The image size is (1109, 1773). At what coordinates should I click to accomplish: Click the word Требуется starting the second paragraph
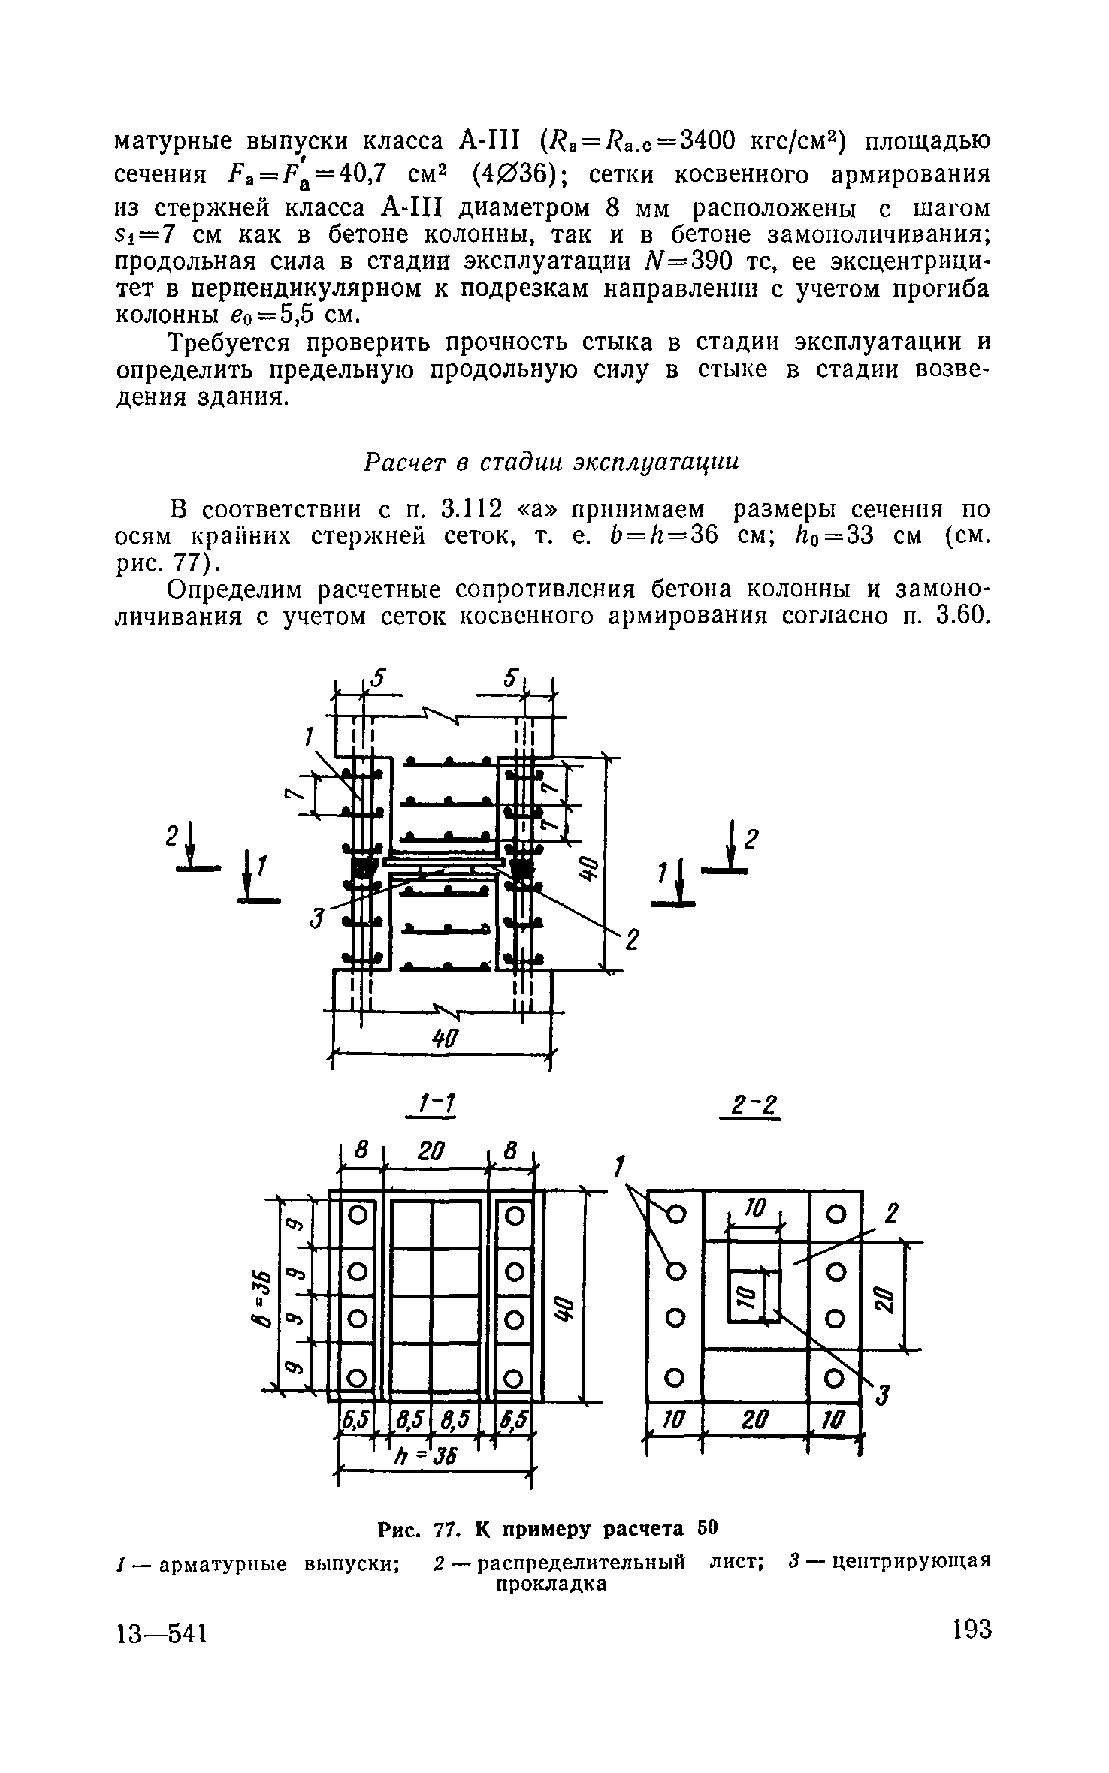[228, 342]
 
